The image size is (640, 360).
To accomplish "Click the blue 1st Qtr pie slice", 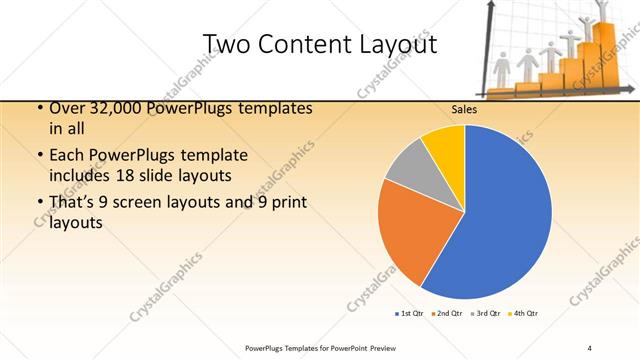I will pos(500,215).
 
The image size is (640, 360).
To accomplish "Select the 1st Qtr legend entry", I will pos(410,314).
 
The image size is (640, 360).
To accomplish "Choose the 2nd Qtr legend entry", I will pos(447,314).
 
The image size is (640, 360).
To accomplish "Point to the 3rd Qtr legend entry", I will pos(485,314).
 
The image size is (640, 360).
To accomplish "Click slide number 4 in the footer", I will pos(590,347).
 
